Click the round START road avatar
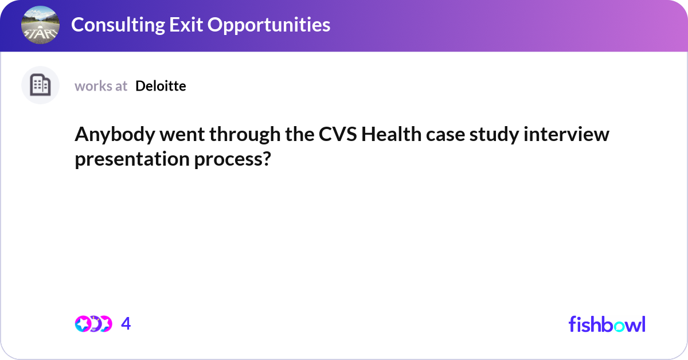click(40, 25)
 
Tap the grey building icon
click(40, 85)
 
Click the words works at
click(101, 86)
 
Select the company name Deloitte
click(161, 86)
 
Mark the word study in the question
click(501, 135)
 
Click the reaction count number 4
click(126, 324)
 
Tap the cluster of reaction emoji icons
click(93, 324)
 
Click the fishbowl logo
click(607, 324)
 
